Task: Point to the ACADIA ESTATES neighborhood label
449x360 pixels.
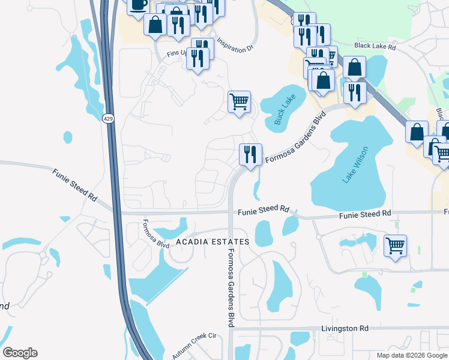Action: click(213, 242)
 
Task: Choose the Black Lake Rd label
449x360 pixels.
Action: click(376, 46)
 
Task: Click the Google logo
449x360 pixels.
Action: click(20, 353)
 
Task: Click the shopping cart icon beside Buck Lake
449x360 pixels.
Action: click(239, 101)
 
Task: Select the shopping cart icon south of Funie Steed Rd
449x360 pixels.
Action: click(395, 245)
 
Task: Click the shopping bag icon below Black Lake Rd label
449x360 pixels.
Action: click(355, 67)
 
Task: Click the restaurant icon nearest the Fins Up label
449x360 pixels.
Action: click(196, 58)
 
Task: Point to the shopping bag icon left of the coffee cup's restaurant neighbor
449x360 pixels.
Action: click(155, 25)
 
